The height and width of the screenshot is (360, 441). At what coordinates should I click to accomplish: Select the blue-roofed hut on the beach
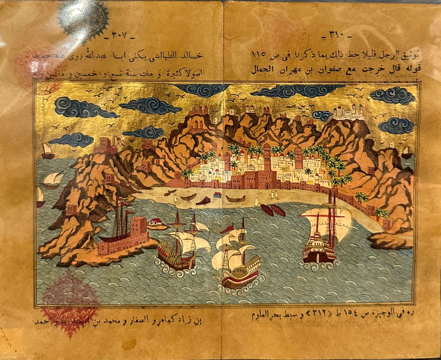point(218,195)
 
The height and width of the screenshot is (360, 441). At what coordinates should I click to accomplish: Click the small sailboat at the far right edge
point(406,151)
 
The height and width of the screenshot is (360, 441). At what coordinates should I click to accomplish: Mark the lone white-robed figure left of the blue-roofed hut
point(175,197)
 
